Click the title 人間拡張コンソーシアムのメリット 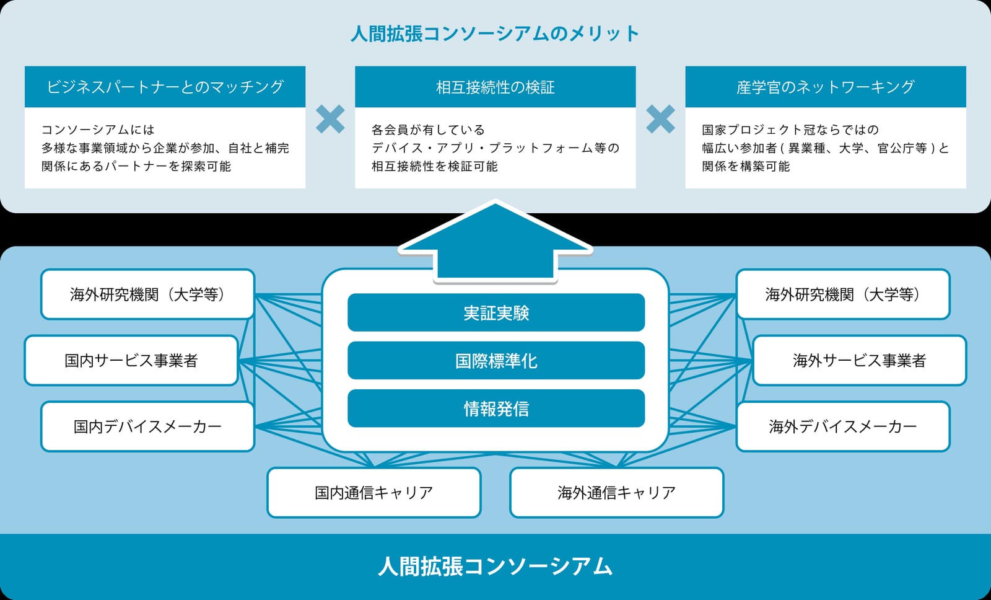coord(495,33)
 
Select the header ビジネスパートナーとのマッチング coord(165,87)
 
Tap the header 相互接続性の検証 coord(495,87)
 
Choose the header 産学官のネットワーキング coord(826,87)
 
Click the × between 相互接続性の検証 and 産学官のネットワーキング coord(660,119)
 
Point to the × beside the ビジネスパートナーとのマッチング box coord(330,119)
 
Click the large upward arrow coord(495,241)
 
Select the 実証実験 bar coord(496,312)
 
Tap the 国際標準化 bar coord(496,361)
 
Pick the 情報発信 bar coord(496,408)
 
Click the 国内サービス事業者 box coord(131,361)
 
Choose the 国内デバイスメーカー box coord(148,426)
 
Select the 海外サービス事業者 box coord(860,361)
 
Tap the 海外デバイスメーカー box coord(843,426)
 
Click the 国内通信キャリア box coord(374,492)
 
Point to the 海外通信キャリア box coord(617,492)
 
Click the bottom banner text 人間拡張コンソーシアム coord(495,567)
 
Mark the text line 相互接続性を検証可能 coord(434,167)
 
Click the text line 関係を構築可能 coord(746,167)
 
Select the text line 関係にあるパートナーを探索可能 coord(136,167)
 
